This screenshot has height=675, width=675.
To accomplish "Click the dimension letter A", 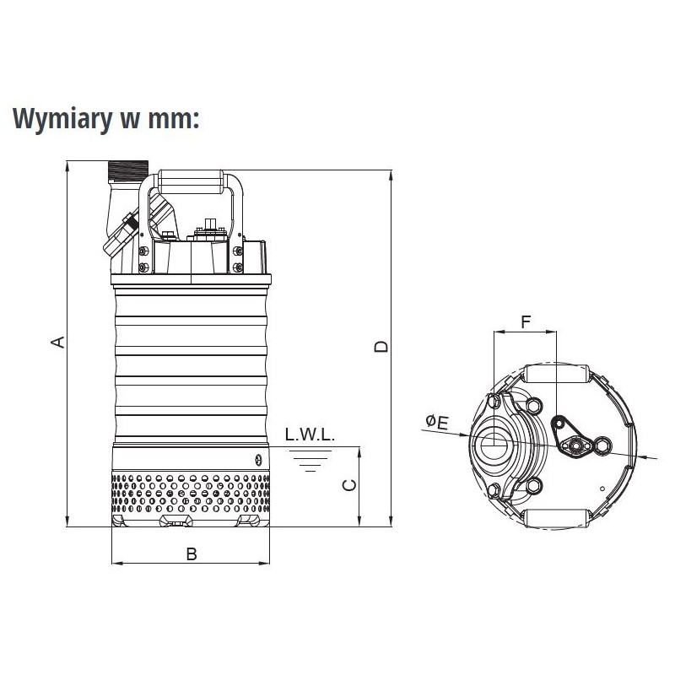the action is pos(58,342).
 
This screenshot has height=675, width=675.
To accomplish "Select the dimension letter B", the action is pos(192,554).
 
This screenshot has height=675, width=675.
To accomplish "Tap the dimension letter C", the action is pos(349,484).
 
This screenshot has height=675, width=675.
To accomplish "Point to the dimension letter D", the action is pos(381,347).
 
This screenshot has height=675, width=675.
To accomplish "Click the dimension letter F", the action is pos(526,321).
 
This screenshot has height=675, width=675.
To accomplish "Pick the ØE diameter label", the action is pos(437,422).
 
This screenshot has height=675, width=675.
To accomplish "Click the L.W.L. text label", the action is pos(310,435).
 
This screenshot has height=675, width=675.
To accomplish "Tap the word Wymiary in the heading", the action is pos(62,119).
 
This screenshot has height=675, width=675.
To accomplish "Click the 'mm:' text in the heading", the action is pos(174,120).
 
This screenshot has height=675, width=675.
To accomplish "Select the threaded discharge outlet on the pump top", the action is pos(128,170).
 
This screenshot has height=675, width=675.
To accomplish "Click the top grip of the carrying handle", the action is pos(191,181).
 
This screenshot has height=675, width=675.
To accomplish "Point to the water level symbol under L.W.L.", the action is pos(310,461).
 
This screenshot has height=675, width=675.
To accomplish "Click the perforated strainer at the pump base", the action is pos(191,493).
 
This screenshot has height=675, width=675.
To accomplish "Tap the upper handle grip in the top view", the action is pos(558,374).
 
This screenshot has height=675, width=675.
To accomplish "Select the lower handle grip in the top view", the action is pos(558,519).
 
